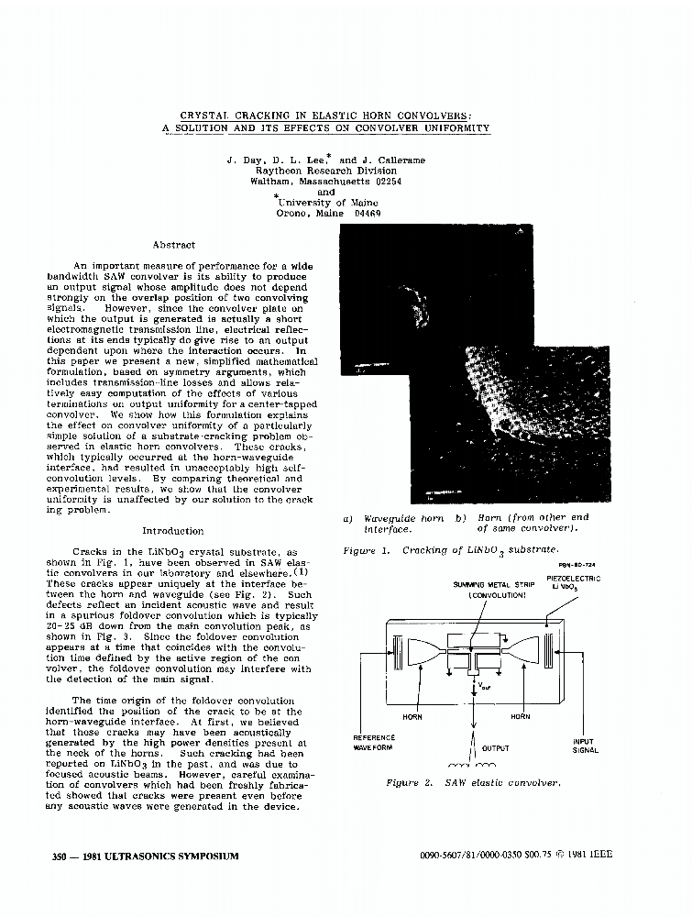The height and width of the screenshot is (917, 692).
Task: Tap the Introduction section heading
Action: [x=173, y=531]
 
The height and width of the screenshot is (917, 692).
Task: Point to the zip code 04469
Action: [x=364, y=214]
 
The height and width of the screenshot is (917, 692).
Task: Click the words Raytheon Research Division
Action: [x=325, y=171]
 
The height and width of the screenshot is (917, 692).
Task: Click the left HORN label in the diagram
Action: [x=412, y=717]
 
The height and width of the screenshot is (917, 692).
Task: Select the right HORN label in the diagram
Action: [x=520, y=717]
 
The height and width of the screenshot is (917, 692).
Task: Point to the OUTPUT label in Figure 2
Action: [x=495, y=748]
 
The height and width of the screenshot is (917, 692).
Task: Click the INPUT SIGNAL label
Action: [x=585, y=746]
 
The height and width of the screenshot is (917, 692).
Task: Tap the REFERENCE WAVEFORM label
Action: [x=373, y=742]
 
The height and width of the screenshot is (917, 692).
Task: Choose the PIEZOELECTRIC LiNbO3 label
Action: [x=573, y=582]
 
